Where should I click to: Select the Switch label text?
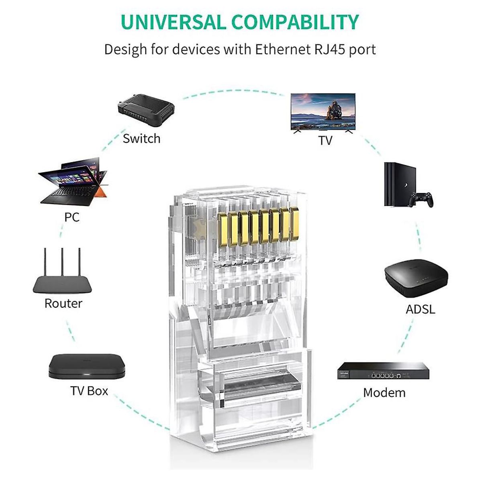pyautogui.click(x=141, y=139)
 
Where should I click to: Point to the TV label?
pyautogui.click(x=325, y=141)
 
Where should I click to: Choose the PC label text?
pyautogui.click(x=72, y=217)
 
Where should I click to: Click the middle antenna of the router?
pyautogui.click(x=62, y=261)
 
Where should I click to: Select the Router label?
pyautogui.click(x=63, y=303)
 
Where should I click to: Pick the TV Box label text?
pyautogui.click(x=89, y=391)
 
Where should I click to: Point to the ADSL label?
pyautogui.click(x=420, y=310)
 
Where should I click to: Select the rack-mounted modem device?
pyautogui.click(x=380, y=371)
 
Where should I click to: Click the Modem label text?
pyautogui.click(x=384, y=392)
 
